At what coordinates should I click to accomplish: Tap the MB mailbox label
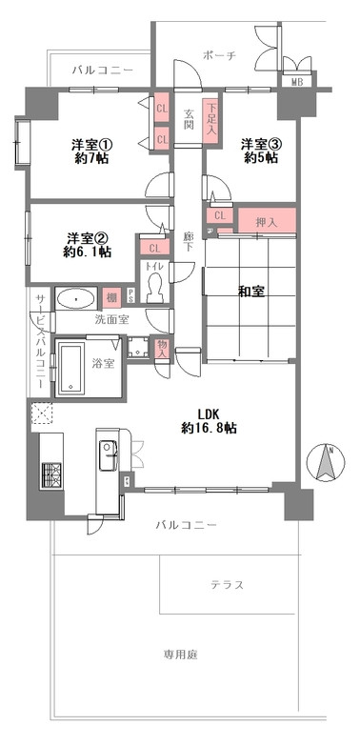tap(297, 83)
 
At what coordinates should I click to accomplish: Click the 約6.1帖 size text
tap(87, 252)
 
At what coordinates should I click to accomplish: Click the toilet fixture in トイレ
tap(154, 292)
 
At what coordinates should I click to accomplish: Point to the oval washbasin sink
tap(72, 299)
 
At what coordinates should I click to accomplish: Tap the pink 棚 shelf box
tap(112, 298)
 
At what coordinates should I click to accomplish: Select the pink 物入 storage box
tap(162, 350)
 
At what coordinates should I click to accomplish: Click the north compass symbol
tap(325, 463)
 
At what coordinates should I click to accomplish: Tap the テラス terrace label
tap(228, 584)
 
